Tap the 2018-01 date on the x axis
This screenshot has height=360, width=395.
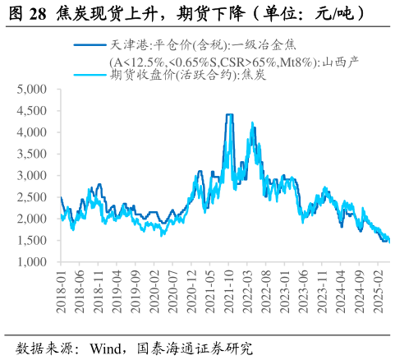pos(62,292)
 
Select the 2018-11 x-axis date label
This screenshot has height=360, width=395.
pos(99,292)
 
